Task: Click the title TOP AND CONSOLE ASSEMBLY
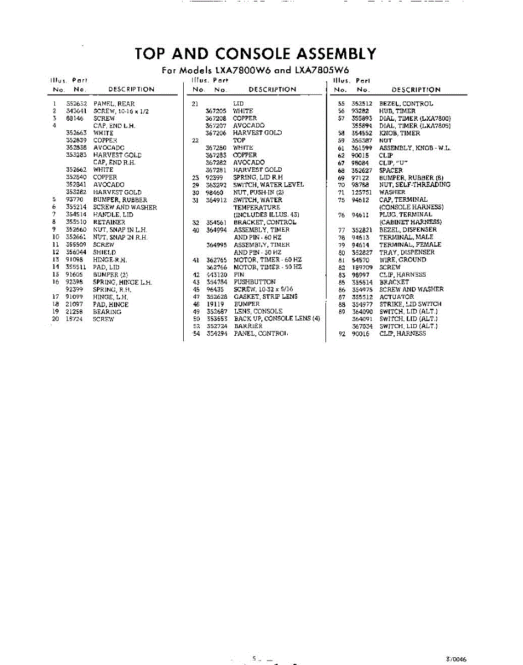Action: [255, 54]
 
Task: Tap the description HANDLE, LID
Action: [113, 214]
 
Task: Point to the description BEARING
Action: [107, 312]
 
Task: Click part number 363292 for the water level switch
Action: [216, 185]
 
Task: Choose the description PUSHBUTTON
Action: [254, 282]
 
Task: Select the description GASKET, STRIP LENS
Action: [265, 296]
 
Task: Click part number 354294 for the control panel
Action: [216, 334]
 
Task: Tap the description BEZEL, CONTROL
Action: [406, 104]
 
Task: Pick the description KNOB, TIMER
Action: [399, 133]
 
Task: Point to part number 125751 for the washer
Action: [362, 192]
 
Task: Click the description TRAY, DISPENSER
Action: [406, 252]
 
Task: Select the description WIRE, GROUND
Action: [402, 259]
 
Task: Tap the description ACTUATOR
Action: [396, 296]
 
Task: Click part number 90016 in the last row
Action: [361, 334]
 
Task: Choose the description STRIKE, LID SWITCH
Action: [410, 304]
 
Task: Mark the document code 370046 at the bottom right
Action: [456, 659]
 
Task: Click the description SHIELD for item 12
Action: [105, 252]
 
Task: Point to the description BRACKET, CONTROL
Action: [265, 222]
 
